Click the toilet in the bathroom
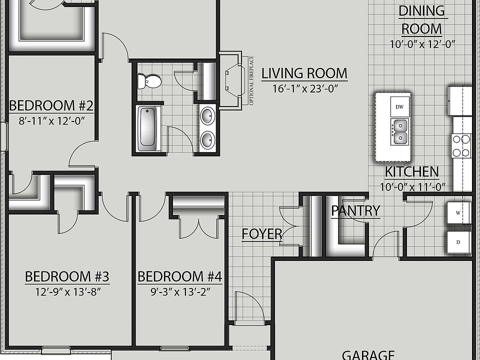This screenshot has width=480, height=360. [150, 81]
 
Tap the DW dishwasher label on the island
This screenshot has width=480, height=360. [399, 107]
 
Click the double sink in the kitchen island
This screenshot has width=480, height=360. [400, 131]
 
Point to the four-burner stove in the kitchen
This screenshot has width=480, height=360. [461, 145]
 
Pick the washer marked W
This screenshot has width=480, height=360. [458, 212]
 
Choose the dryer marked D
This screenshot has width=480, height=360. [458, 241]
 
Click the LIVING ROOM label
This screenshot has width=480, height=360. [304, 73]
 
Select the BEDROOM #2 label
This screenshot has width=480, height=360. [51, 106]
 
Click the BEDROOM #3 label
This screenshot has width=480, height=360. [67, 276]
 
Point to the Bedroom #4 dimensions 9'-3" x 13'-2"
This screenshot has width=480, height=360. [179, 291]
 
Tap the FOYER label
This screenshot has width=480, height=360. [261, 234]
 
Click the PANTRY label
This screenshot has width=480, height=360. [355, 210]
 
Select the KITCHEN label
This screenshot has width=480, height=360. [411, 172]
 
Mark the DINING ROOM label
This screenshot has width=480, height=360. [421, 19]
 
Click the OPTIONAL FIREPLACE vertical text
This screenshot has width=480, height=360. [251, 80]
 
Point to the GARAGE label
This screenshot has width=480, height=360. [367, 354]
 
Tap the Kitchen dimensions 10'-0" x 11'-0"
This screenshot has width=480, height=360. [412, 187]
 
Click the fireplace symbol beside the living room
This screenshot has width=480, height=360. [231, 80]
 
